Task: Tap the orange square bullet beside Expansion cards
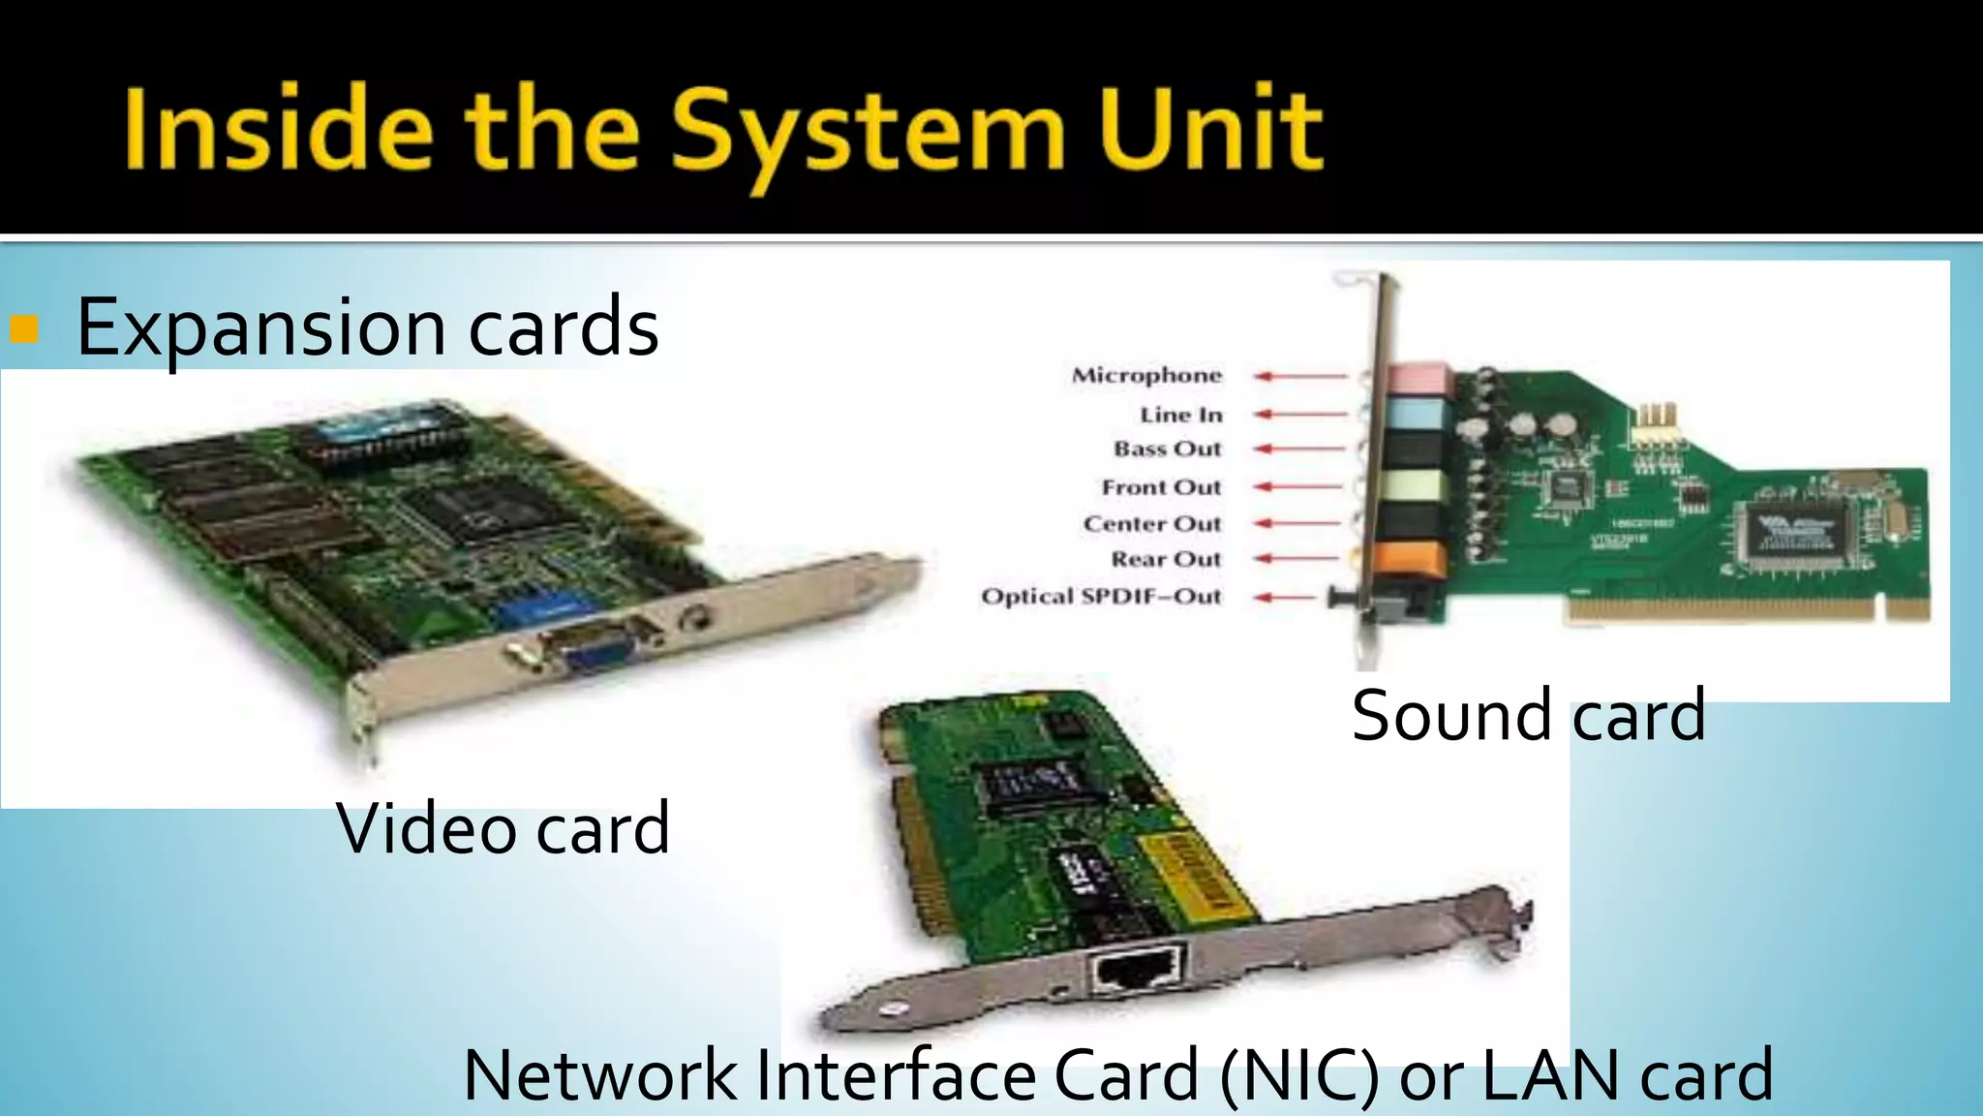(x=23, y=329)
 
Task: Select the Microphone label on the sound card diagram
(x=1146, y=376)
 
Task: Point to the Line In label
(x=1181, y=415)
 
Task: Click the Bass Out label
(x=1168, y=449)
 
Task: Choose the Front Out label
(x=1161, y=487)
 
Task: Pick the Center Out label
(x=1152, y=524)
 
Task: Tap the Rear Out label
(x=1166, y=560)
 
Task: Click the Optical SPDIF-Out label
(x=1101, y=597)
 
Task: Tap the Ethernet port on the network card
(x=1137, y=969)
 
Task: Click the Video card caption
(x=503, y=829)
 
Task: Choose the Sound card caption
(x=1528, y=716)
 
